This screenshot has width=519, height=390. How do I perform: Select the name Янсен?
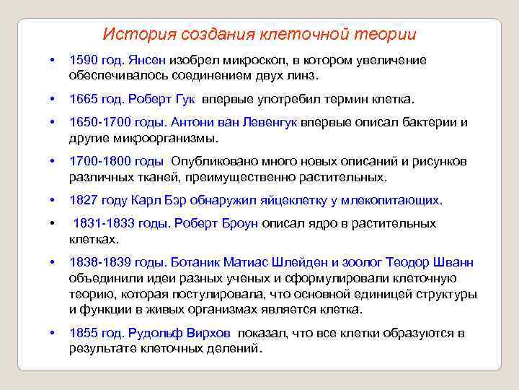pos(148,60)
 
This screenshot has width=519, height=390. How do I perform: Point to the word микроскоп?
pos(243,60)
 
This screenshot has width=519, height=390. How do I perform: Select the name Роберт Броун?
pos(216,224)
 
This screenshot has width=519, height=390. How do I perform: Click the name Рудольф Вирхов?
pos(179,333)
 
